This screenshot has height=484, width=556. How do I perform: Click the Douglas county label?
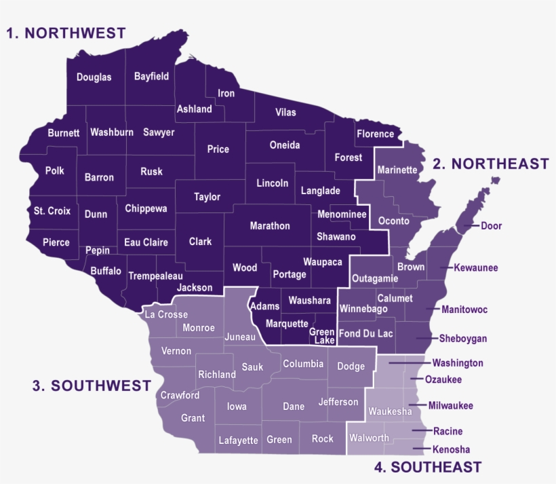pos(94,77)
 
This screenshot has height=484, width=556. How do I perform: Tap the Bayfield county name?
pos(151,76)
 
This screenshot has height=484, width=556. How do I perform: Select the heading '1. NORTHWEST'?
pos(66,33)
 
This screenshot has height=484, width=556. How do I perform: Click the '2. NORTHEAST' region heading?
pos(490,164)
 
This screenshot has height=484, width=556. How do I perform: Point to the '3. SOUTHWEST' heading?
pos(92,386)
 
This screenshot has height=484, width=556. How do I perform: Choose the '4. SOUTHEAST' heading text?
pos(428,467)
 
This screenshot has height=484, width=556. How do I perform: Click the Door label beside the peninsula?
pos(491,226)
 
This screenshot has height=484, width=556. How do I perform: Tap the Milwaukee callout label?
pos(450,406)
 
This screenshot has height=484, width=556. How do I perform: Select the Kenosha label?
pos(451,449)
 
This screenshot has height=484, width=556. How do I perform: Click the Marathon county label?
pos(269,226)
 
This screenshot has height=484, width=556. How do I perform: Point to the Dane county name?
pos(294,407)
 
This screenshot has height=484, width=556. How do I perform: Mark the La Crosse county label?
pos(166,314)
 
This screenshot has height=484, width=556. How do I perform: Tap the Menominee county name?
pos(342,215)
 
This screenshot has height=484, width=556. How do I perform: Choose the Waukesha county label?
pos(390,411)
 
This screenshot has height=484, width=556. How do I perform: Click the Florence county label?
pos(375,134)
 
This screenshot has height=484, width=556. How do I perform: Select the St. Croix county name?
pos(52,211)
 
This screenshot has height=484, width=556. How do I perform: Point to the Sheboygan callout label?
pos(462,338)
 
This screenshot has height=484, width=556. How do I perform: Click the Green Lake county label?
pos(321,335)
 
